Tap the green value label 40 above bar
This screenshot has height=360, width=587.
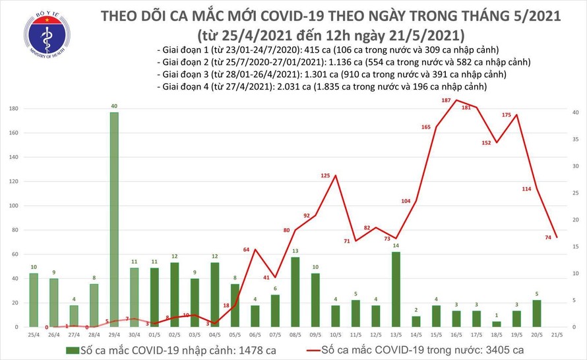click(114, 106)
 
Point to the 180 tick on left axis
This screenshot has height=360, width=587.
click(13, 109)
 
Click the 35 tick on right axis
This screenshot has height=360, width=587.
click(576, 139)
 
